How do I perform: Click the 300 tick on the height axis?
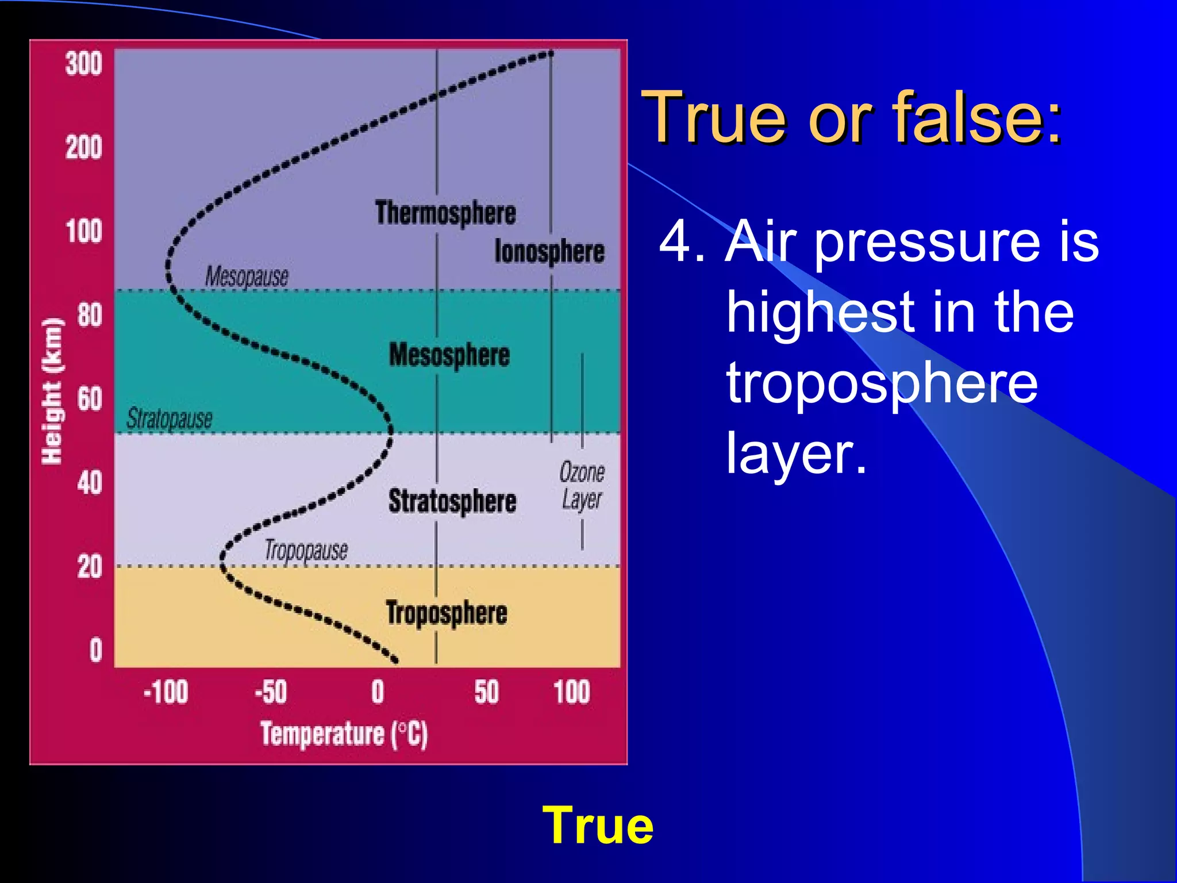(x=84, y=63)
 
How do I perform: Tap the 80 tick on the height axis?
(x=90, y=315)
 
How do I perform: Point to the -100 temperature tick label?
(x=166, y=692)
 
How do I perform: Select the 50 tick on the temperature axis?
(x=486, y=692)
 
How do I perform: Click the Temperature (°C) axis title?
(x=344, y=734)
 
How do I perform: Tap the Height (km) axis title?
(x=52, y=391)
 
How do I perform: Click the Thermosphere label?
(x=445, y=213)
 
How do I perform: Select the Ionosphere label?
(x=549, y=252)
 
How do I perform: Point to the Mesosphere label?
(x=449, y=355)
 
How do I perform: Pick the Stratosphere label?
(x=452, y=501)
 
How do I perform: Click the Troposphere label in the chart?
(x=447, y=613)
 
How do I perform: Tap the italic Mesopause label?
(x=247, y=277)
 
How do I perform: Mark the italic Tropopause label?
(x=306, y=551)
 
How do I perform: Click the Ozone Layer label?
(x=582, y=486)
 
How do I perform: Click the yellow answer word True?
(x=598, y=826)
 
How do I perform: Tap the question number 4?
(x=682, y=241)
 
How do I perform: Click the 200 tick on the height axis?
(x=84, y=148)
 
